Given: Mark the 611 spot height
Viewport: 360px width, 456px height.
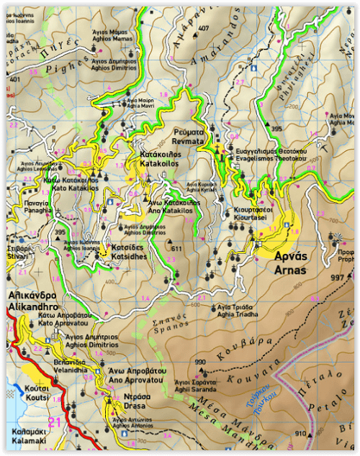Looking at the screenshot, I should [x=177, y=249].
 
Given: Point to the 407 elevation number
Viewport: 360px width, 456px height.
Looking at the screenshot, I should [x=204, y=29].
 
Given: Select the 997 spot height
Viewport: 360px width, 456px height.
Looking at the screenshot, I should [x=338, y=278].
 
